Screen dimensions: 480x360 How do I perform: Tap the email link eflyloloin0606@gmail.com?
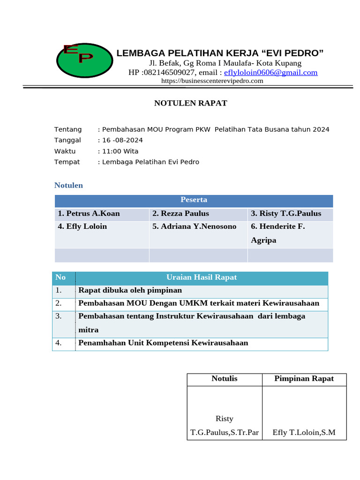point(270,72)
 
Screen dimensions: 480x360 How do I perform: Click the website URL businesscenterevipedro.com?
point(212,81)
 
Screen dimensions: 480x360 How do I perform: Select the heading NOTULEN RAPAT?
point(191,103)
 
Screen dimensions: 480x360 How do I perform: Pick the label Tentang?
point(68,129)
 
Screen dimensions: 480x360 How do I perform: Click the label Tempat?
point(67,162)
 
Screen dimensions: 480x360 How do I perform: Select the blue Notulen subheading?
point(68,185)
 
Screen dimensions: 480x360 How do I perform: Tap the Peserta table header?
point(194,200)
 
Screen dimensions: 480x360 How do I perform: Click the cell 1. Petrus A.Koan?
point(89,214)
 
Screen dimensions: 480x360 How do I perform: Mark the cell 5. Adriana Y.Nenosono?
point(194,226)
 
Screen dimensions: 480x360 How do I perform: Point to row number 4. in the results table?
point(59,343)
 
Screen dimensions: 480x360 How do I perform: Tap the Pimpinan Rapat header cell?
point(304,379)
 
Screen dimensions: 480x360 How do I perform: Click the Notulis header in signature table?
point(224,379)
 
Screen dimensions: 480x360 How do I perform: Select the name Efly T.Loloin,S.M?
point(304,432)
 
